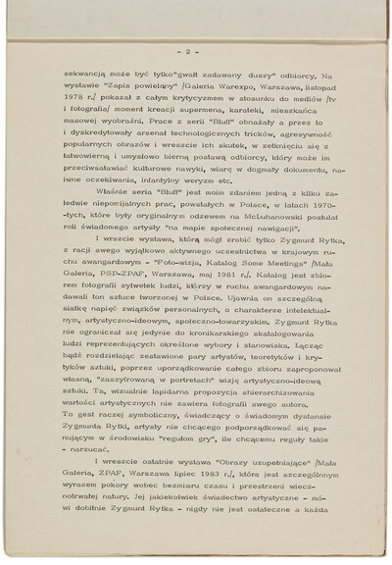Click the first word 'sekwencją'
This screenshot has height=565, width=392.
coord(85,76)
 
